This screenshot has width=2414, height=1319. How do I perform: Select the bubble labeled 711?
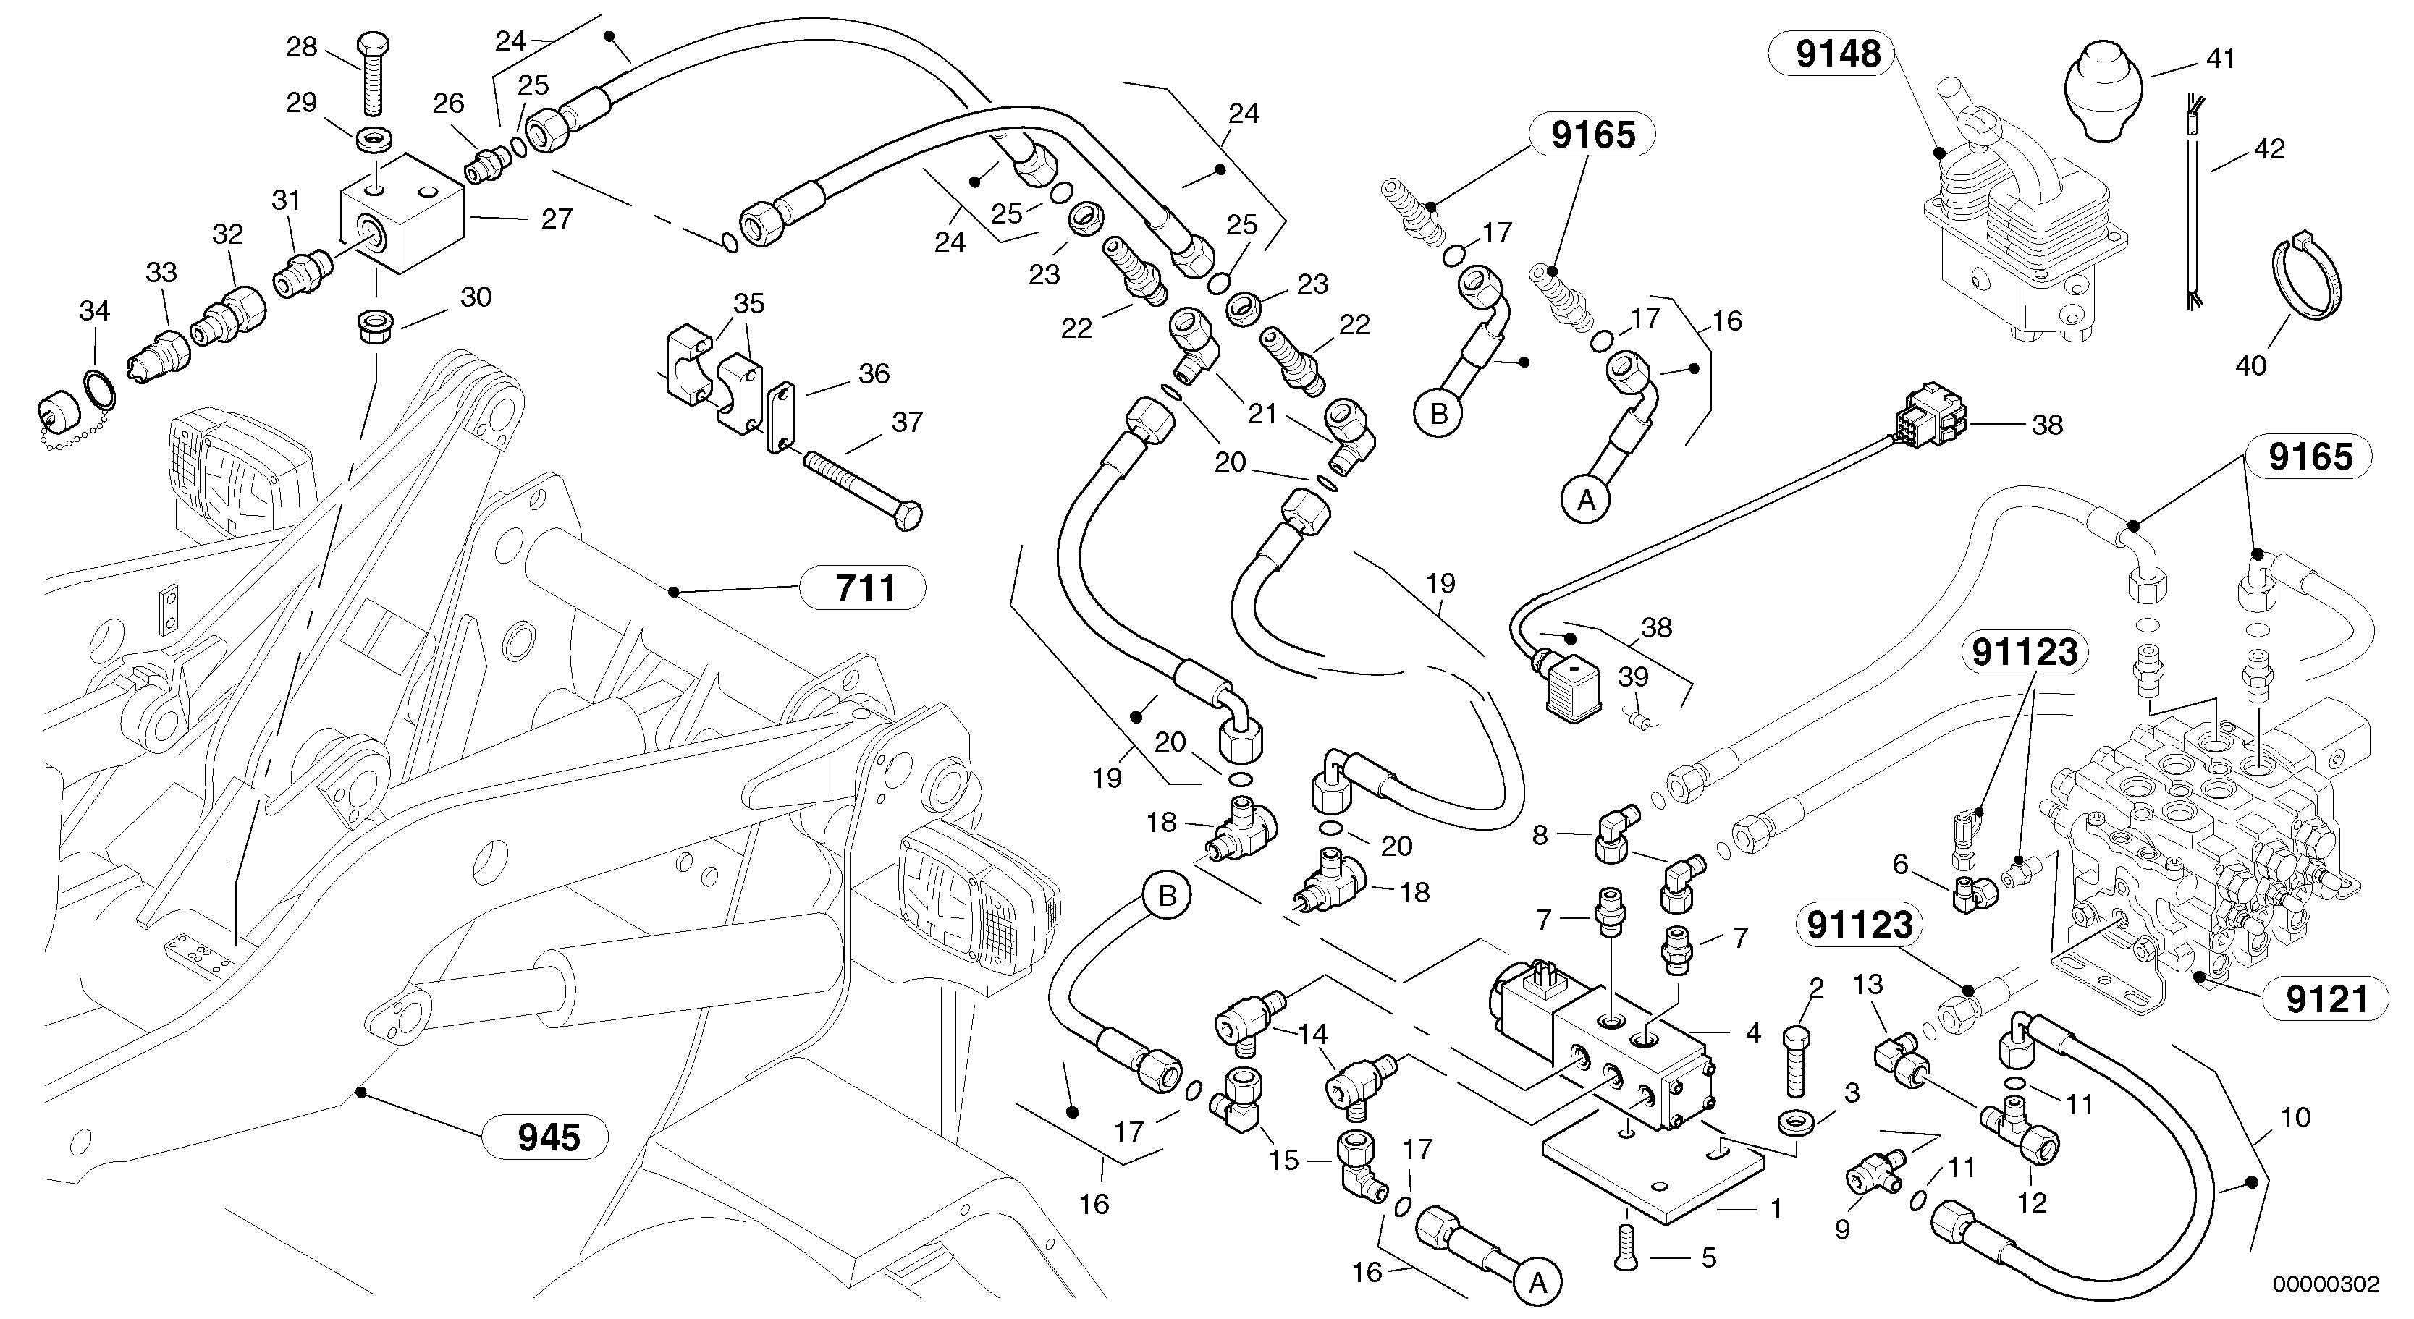coord(861,588)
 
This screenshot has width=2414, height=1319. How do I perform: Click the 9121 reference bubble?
coord(2326,999)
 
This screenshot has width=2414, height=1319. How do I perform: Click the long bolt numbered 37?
coord(862,483)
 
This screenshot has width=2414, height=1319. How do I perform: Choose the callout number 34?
coord(95,311)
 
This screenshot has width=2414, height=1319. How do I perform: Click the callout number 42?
coord(2269,149)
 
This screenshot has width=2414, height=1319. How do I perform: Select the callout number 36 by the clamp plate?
coord(874,374)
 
